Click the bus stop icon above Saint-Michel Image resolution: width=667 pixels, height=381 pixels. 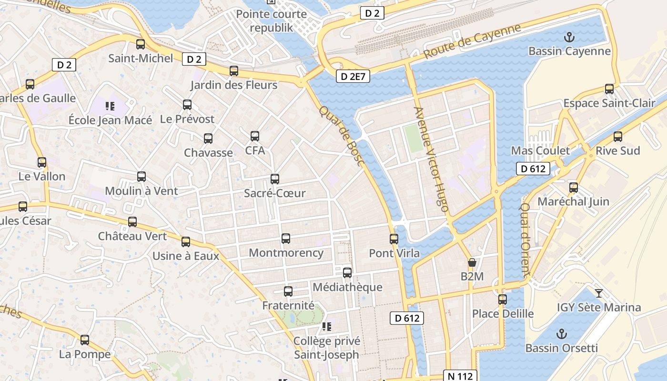141,44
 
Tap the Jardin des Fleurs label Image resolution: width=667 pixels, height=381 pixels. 233,85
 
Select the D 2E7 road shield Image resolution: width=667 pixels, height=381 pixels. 353,76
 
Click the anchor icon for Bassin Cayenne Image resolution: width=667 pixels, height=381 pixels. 569,37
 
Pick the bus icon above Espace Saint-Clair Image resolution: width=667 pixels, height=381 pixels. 609,89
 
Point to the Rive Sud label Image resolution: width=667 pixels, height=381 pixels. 618,151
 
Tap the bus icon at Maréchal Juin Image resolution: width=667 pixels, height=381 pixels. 574,187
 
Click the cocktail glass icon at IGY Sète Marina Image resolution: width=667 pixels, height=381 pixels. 599,293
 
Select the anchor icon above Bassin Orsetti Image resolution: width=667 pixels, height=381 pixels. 562,333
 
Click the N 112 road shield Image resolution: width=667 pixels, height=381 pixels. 460,376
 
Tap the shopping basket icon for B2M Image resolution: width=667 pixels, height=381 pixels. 472,262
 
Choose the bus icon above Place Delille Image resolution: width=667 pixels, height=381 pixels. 503,300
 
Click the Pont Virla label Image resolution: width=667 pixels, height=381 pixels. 394,253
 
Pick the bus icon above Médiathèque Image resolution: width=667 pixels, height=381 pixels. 347,273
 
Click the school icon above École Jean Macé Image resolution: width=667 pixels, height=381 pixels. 110,106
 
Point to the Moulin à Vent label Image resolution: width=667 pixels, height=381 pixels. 141,191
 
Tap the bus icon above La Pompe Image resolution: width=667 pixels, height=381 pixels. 85,340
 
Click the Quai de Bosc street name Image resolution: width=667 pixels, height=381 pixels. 341,136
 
